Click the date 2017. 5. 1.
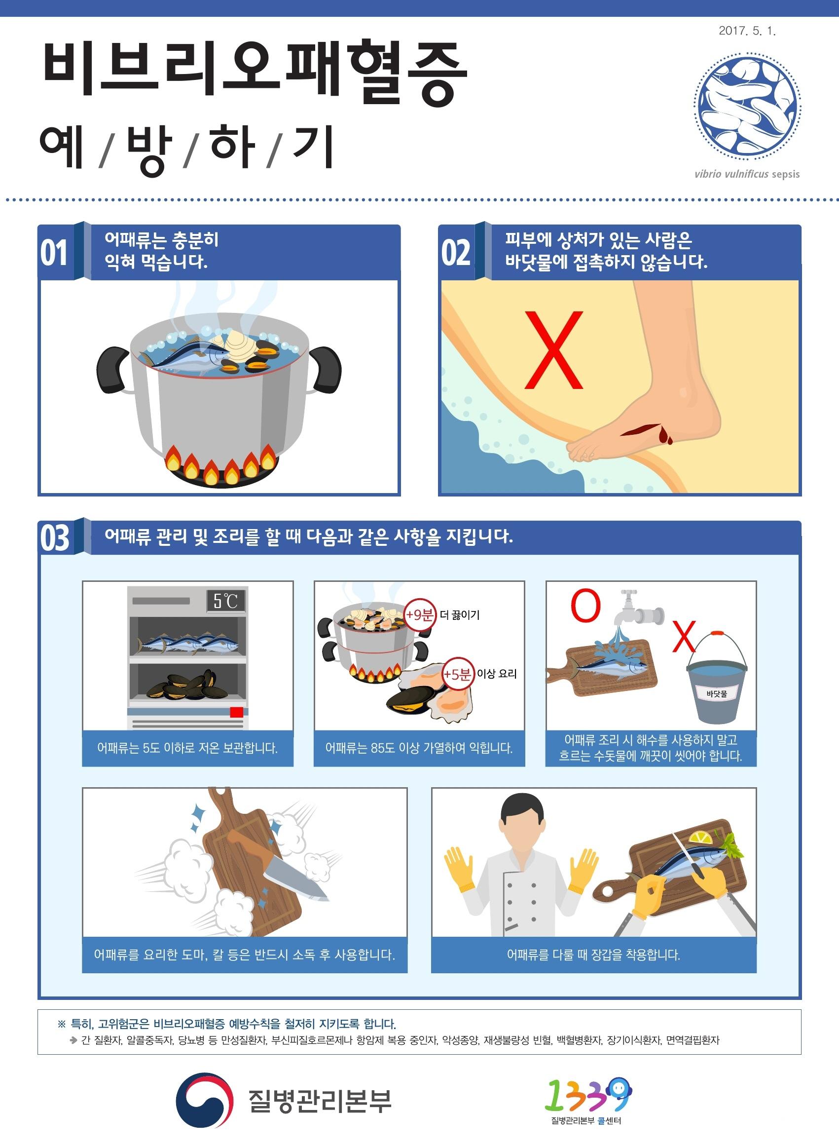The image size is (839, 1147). (x=747, y=31)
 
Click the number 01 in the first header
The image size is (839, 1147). (x=54, y=253)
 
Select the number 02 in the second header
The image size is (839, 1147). (x=456, y=253)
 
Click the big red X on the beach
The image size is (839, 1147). (x=553, y=350)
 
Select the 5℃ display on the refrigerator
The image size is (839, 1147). (x=225, y=601)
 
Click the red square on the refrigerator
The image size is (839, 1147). (x=236, y=712)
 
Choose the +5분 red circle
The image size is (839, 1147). (x=458, y=674)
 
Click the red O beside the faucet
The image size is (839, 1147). (x=585, y=606)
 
